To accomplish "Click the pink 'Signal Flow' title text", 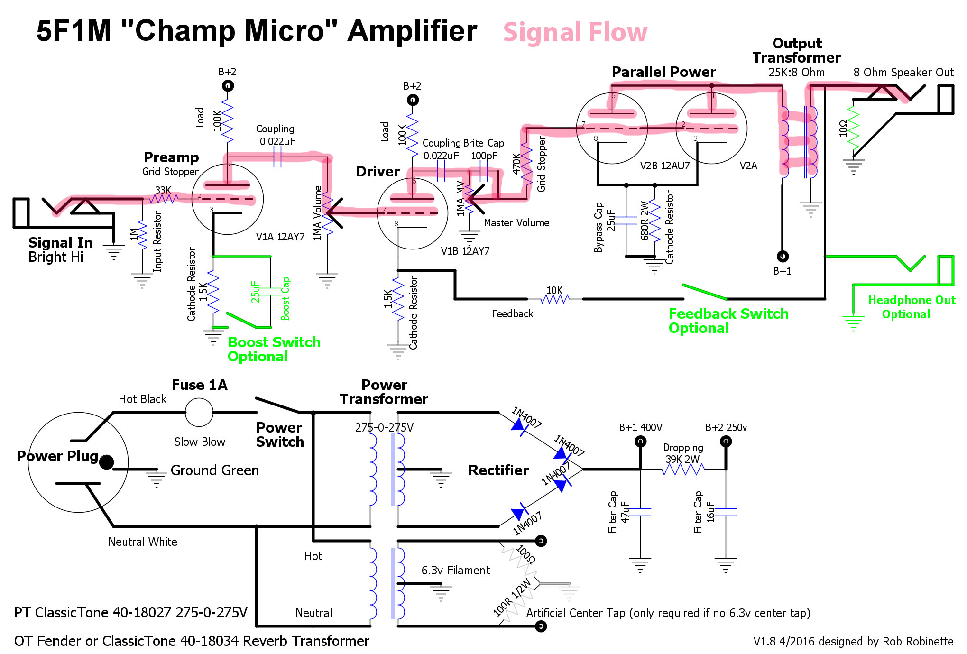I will coord(575,32).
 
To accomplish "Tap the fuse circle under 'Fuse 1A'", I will coord(199,413).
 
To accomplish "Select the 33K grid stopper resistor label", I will coord(163,190).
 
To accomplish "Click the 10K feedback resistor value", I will coord(554,290).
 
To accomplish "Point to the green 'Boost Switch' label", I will coord(274,342).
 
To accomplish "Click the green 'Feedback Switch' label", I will coord(728,313).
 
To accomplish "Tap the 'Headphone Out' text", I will coord(911,300).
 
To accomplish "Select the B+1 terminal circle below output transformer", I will coord(782,256).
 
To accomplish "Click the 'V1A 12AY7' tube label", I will coord(280,237).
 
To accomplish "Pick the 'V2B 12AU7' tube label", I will coord(664,166).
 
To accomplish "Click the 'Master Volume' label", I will coord(516,222).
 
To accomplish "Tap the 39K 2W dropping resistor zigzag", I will coord(682,470).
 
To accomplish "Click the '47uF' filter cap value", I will coord(625,512).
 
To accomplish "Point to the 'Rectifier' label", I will coord(498,470).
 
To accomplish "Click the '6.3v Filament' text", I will coord(455,570).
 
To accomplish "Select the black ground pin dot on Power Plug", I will coord(106,462).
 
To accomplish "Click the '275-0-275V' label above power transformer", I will coord(384,427).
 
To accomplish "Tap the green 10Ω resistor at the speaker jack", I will coord(853,128).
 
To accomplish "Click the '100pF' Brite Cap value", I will coord(484,156).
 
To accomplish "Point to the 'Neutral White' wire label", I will coord(142,542).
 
